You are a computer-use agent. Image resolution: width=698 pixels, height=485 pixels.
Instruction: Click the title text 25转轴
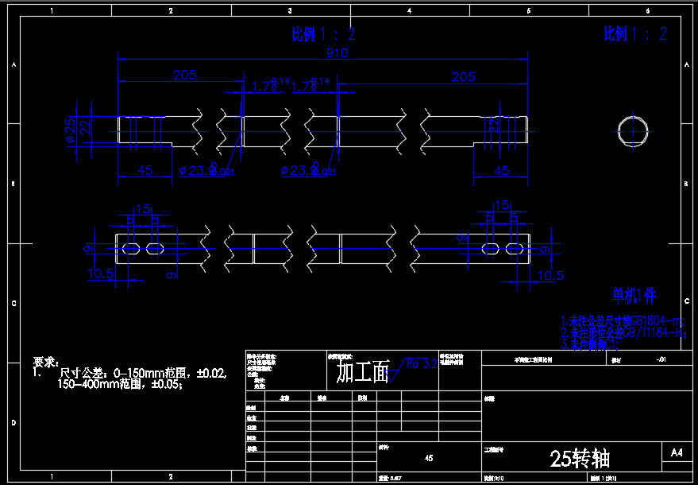click(x=580, y=458)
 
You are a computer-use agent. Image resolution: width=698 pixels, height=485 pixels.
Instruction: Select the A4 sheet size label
click(x=676, y=452)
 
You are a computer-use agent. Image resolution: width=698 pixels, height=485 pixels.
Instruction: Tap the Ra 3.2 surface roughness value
click(x=421, y=365)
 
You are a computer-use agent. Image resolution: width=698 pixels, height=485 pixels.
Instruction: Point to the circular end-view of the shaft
click(x=633, y=130)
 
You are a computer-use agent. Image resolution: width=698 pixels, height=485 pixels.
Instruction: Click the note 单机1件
click(x=634, y=297)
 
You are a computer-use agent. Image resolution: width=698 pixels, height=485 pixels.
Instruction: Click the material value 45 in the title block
click(x=429, y=458)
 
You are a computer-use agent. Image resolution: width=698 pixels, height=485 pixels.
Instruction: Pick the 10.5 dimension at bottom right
click(x=550, y=275)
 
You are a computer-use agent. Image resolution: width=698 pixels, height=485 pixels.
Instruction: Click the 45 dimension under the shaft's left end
click(x=145, y=169)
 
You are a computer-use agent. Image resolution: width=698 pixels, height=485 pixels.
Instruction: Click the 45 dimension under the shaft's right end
click(x=502, y=169)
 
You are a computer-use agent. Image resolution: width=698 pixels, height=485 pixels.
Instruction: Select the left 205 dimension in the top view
click(x=184, y=75)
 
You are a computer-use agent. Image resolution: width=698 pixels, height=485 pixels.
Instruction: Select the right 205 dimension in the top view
click(x=463, y=76)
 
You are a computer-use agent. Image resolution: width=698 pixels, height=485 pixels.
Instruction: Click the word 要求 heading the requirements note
click(x=47, y=361)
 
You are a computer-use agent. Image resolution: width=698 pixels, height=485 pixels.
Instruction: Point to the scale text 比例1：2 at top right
click(x=635, y=33)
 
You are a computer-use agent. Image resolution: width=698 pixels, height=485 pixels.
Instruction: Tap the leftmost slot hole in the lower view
click(x=132, y=249)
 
